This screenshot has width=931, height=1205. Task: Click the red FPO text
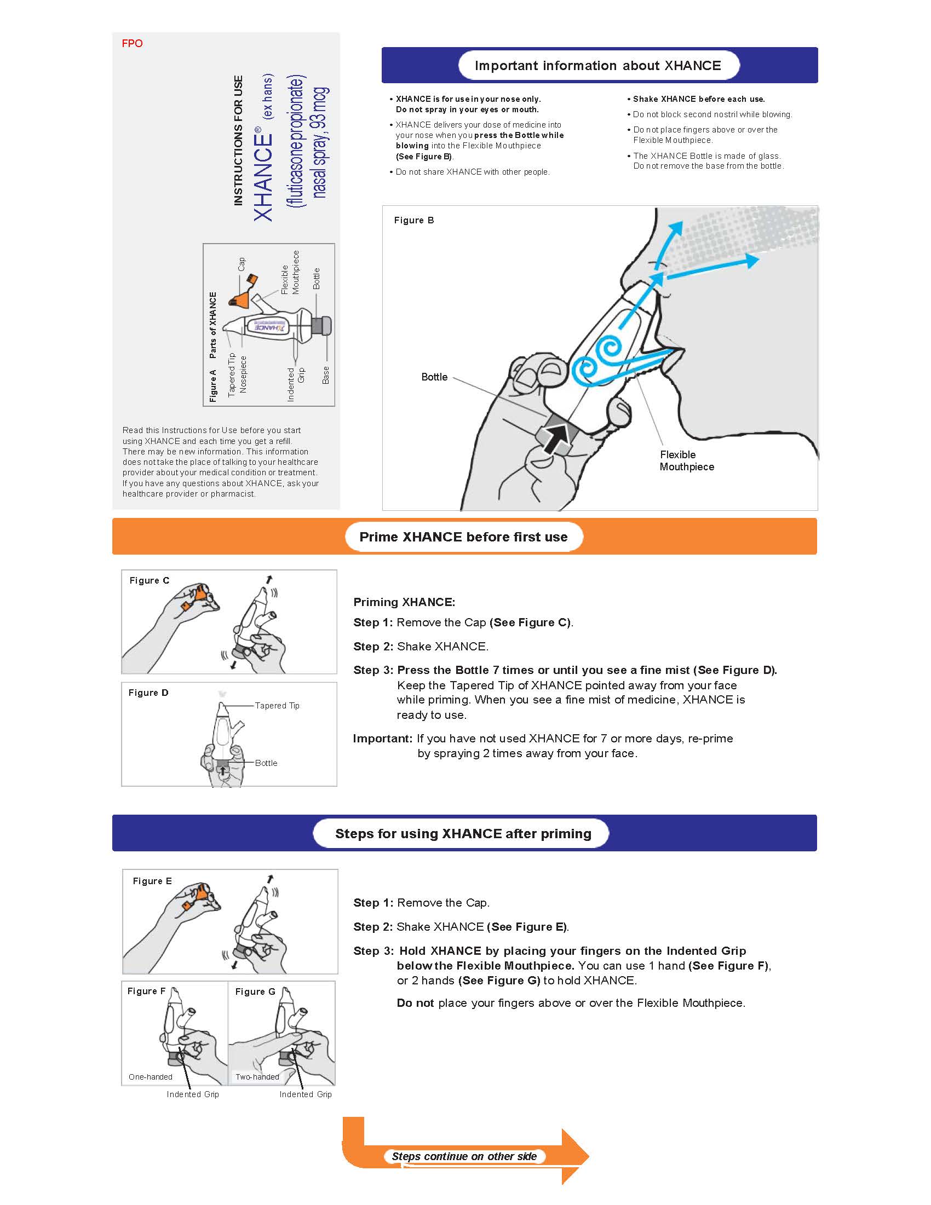click(x=132, y=44)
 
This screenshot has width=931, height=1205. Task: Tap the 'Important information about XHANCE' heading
click(x=597, y=66)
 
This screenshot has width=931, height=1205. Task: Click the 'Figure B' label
click(x=414, y=220)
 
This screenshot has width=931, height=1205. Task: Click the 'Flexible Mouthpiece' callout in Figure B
click(x=687, y=460)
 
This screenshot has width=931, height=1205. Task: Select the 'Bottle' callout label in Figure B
click(x=434, y=377)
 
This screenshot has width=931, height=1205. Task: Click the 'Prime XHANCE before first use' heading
click(x=463, y=537)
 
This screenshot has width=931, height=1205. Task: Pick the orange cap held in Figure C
click(x=201, y=595)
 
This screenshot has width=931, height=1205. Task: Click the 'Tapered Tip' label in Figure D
click(x=277, y=706)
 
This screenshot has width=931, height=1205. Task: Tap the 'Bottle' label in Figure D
click(x=266, y=763)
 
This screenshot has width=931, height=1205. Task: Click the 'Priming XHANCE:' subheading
click(x=404, y=602)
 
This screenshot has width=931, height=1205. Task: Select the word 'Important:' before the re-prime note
click(x=382, y=739)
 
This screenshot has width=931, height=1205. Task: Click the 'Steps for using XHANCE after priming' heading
click(x=463, y=834)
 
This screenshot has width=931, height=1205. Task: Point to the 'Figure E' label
click(x=152, y=881)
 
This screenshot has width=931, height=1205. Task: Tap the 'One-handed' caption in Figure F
click(x=150, y=1077)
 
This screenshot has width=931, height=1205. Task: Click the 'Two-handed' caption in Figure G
click(x=257, y=1077)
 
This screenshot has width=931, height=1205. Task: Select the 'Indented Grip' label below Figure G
click(x=305, y=1094)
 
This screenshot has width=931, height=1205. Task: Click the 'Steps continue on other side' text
click(x=464, y=1156)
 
